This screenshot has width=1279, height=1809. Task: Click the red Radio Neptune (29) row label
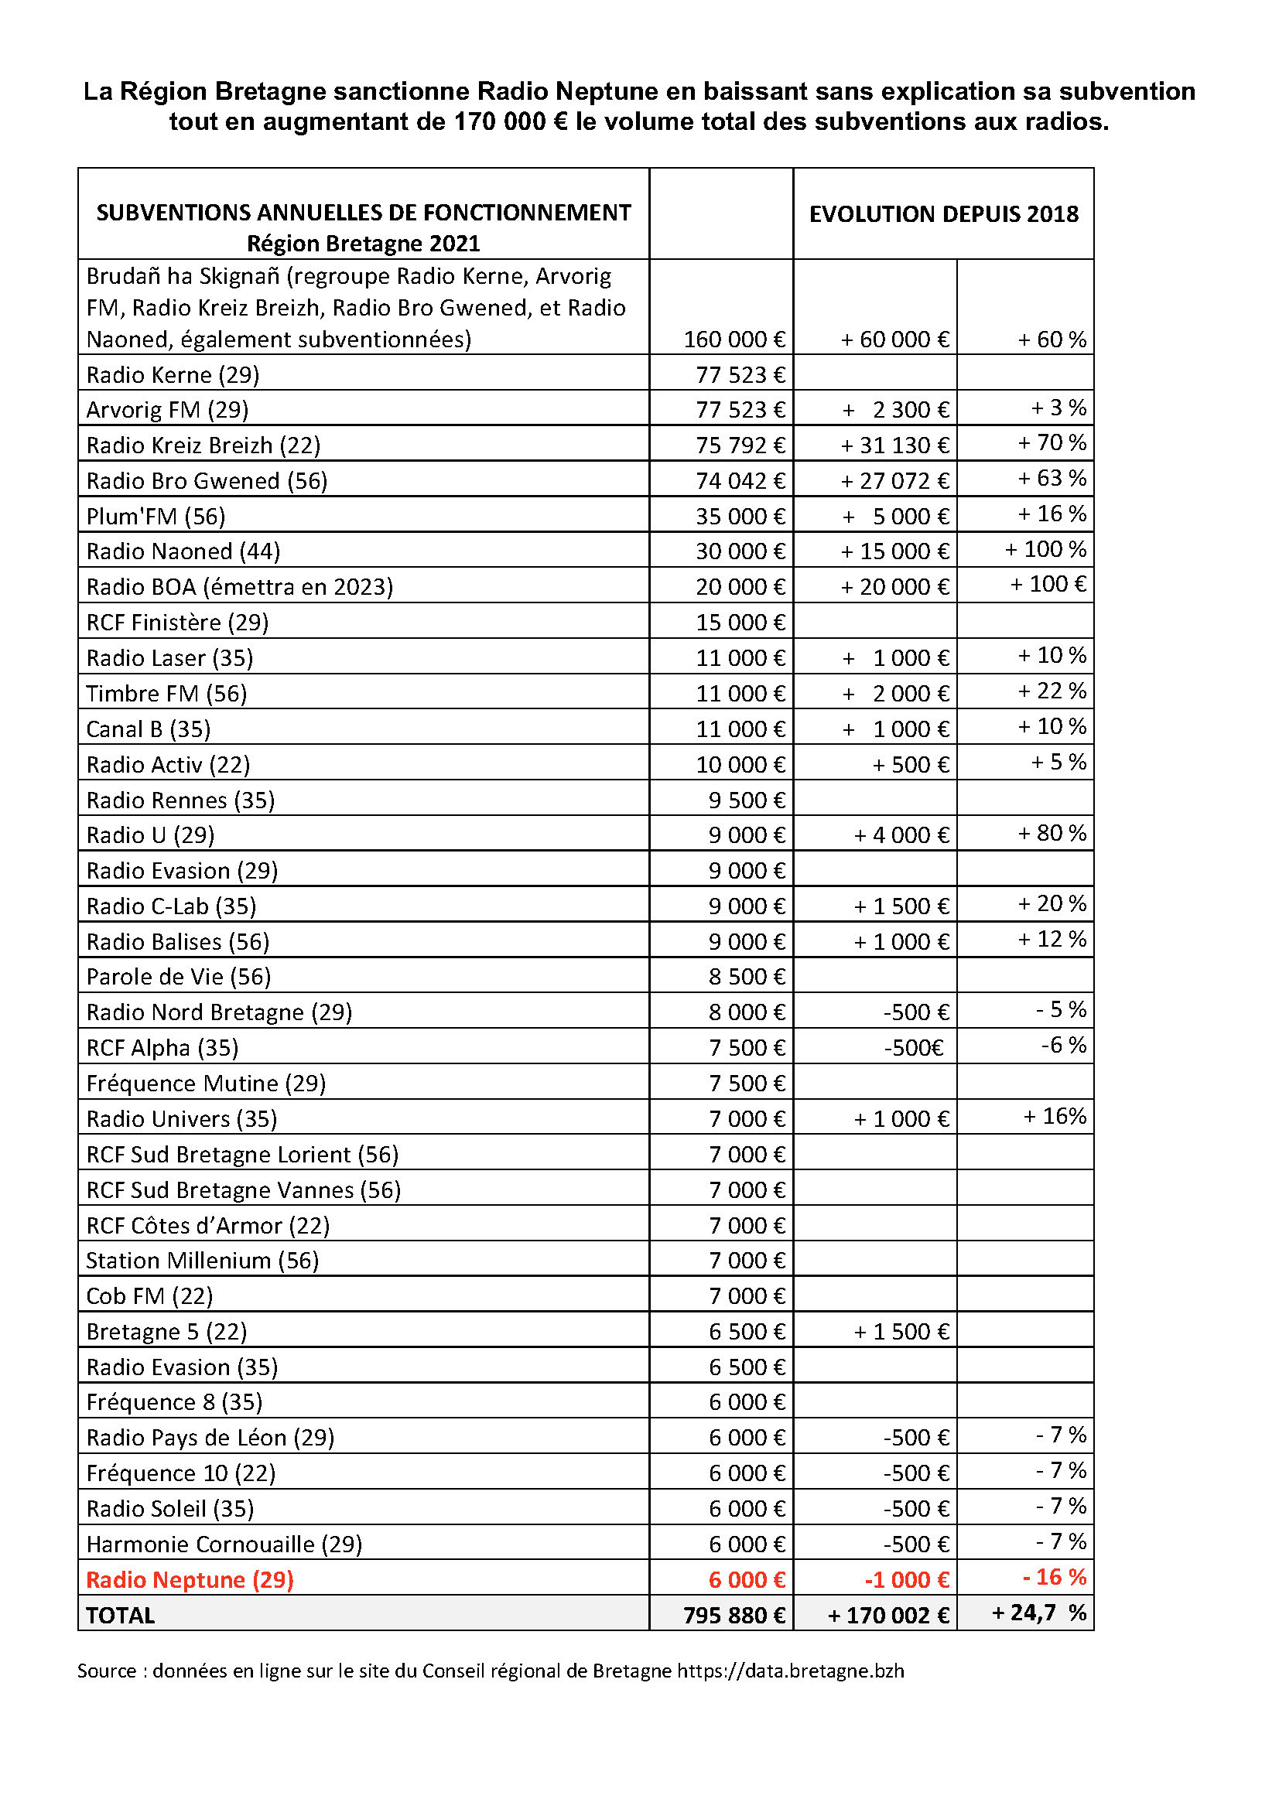[190, 1580]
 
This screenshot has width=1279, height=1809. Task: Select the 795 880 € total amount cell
[734, 1615]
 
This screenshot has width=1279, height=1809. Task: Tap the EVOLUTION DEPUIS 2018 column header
[943, 214]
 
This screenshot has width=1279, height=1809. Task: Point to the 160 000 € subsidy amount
[734, 340]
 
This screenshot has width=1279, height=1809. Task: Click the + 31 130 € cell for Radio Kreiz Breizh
[895, 446]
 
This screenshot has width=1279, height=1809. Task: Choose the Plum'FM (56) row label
[156, 517]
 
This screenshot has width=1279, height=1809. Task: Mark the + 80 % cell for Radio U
[1052, 833]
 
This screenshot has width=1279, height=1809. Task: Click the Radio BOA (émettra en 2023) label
[240, 587]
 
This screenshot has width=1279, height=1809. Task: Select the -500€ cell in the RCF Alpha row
[913, 1048]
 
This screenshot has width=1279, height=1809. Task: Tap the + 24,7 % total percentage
[1038, 1613]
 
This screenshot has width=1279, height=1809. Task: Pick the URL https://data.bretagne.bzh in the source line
[791, 1671]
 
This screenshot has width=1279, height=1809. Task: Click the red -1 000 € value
[906, 1580]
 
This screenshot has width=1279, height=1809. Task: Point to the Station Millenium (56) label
[203, 1261]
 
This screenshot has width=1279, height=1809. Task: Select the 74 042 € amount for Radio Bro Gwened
[740, 481]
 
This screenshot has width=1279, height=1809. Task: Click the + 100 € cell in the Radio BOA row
[1048, 585]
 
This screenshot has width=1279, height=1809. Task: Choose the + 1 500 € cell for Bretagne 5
[901, 1332]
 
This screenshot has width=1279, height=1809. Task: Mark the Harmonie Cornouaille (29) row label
[224, 1544]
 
